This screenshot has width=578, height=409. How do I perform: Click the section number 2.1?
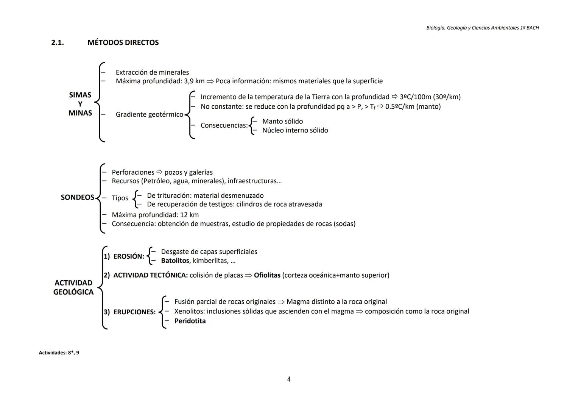[58, 43]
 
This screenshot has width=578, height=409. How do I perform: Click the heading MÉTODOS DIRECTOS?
[123, 43]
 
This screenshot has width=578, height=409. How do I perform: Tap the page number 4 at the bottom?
[289, 379]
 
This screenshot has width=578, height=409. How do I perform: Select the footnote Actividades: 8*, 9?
[59, 353]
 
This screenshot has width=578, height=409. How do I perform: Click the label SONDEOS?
[77, 197]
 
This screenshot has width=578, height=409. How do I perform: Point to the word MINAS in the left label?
[80, 113]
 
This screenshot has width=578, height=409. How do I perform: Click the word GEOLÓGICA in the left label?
[73, 292]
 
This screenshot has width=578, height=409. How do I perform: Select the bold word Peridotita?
[190, 321]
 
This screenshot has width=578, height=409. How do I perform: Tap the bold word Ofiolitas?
[267, 275]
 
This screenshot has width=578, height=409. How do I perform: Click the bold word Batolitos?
[175, 261]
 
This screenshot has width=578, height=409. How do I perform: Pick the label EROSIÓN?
[129, 256]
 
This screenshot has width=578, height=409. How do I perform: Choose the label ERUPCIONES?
[134, 312]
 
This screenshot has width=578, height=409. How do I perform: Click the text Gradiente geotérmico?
[150, 114]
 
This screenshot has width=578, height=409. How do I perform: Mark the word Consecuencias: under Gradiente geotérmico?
[224, 125]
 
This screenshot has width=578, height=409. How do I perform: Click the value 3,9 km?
[194, 81]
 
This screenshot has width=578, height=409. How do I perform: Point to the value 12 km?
[189, 215]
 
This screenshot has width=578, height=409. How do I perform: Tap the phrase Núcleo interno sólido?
[295, 130]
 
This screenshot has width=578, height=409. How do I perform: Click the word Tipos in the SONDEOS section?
[120, 198]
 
